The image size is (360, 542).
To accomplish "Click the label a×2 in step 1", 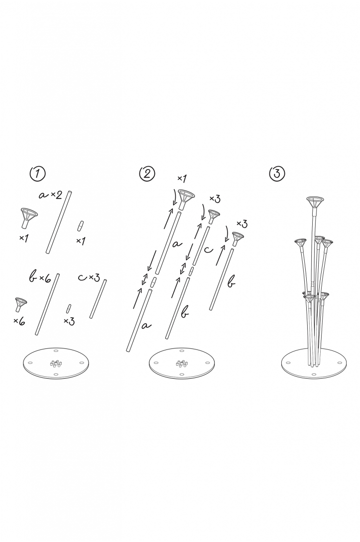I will tap(51, 195).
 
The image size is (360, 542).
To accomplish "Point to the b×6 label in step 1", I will tap(39, 277).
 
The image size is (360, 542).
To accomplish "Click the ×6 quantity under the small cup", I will tap(19, 322).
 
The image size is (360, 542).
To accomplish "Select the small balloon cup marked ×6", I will tap(20, 304).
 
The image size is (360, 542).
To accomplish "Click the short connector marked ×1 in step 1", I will tap(79, 226).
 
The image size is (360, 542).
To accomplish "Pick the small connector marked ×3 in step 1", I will tap(69, 307).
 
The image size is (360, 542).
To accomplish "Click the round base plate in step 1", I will tap(56, 365).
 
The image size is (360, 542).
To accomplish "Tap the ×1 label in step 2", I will tap(182, 178).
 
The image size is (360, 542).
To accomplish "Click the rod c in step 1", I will tap(99, 299).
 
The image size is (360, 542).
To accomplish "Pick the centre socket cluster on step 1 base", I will tap(55, 363).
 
